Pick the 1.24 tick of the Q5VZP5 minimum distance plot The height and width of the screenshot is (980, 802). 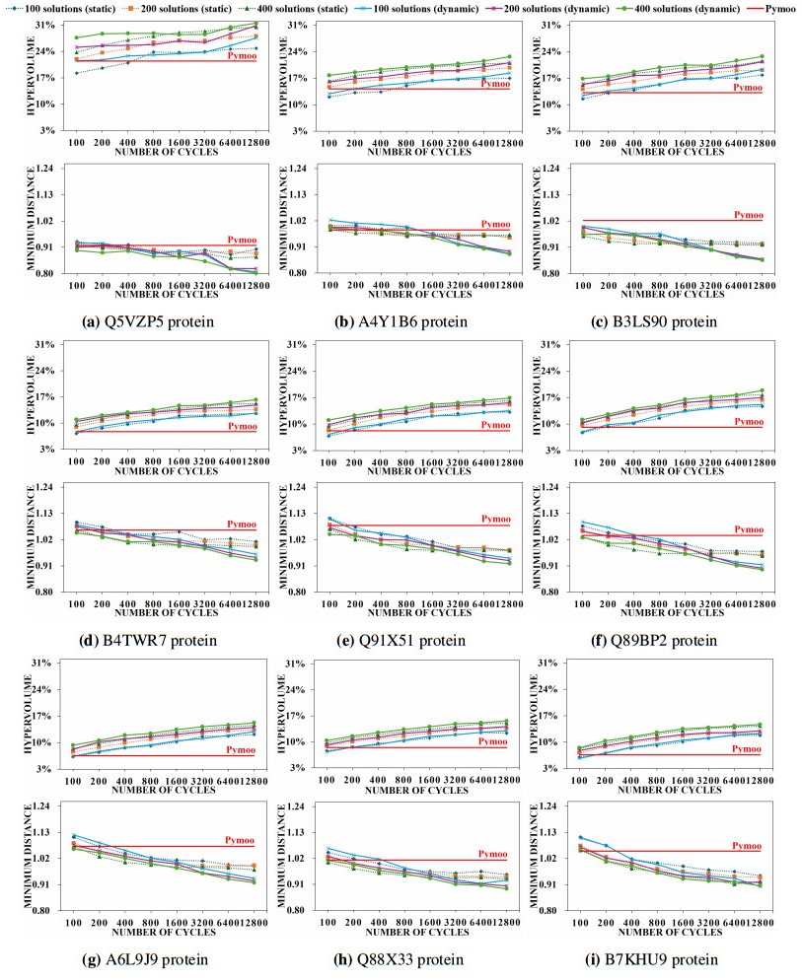[x=46, y=169]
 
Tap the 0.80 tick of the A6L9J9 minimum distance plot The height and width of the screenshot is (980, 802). [x=46, y=911]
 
